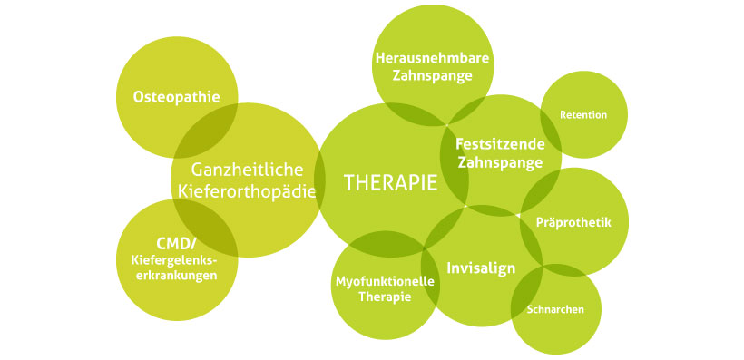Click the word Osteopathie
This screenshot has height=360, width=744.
pos(176,96)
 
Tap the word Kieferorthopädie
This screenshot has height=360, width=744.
pos(247,192)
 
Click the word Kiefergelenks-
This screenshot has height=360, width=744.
pos(172,261)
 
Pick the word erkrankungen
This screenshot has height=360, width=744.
pos(173,276)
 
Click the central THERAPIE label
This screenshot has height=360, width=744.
pos(390,182)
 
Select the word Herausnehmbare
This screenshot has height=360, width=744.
pos(433,58)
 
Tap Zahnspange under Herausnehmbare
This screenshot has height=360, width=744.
pos(432,76)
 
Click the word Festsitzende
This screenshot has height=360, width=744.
pos(499,143)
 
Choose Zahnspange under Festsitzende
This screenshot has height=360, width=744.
pos(499,163)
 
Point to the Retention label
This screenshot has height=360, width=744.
pos(583,115)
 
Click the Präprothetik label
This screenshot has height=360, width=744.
pos(574,222)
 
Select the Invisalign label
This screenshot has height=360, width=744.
pos(481,268)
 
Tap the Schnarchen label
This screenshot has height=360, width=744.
pos(555,310)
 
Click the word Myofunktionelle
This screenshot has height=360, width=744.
pos(385,281)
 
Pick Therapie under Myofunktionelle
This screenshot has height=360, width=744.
pos(385,297)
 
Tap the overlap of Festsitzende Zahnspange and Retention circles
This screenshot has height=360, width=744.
pos(550,126)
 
